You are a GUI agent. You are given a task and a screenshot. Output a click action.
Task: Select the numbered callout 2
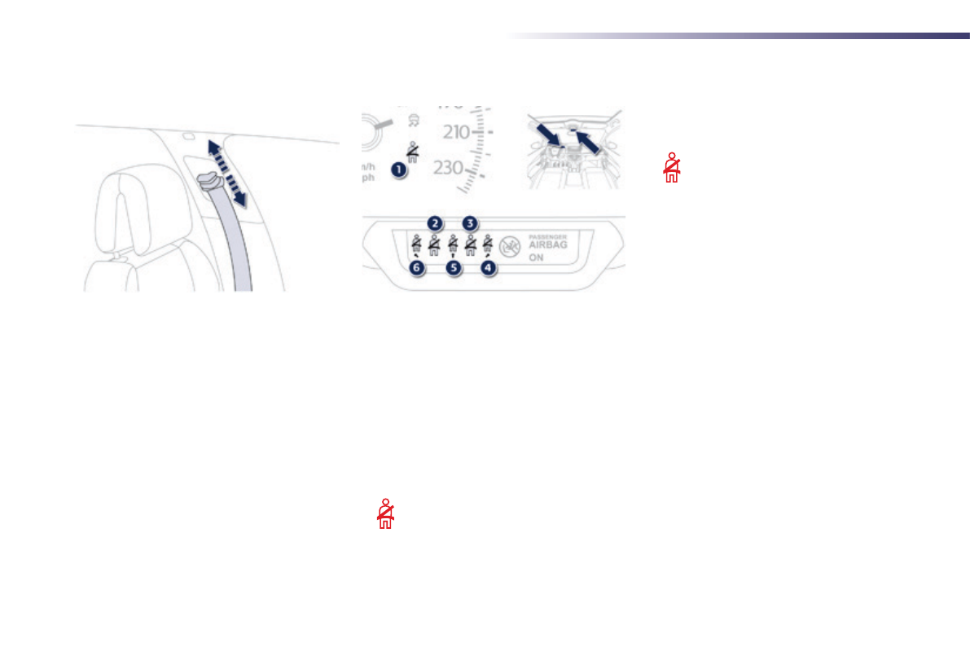pyautogui.click(x=436, y=222)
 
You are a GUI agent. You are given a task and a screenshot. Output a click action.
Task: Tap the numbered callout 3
pyautogui.click(x=470, y=222)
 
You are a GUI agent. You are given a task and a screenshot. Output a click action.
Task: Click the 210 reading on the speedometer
pyautogui.click(x=458, y=131)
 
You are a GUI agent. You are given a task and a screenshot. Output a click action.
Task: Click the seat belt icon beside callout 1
pyautogui.click(x=414, y=152)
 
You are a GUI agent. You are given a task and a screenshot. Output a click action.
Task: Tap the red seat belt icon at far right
pyautogui.click(x=671, y=167)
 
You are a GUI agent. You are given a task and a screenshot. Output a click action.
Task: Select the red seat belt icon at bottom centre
pyautogui.click(x=386, y=514)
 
